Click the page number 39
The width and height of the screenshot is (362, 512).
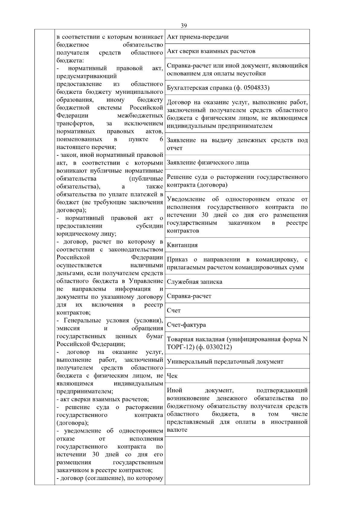tap(184, 26)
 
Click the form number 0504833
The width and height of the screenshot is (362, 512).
tap(255, 88)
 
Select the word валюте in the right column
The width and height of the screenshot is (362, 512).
tap(177, 430)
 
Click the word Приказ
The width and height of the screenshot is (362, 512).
tap(177, 259)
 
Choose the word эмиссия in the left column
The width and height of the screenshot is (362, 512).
tap(68, 328)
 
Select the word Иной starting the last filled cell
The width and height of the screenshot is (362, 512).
tap(174, 390)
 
